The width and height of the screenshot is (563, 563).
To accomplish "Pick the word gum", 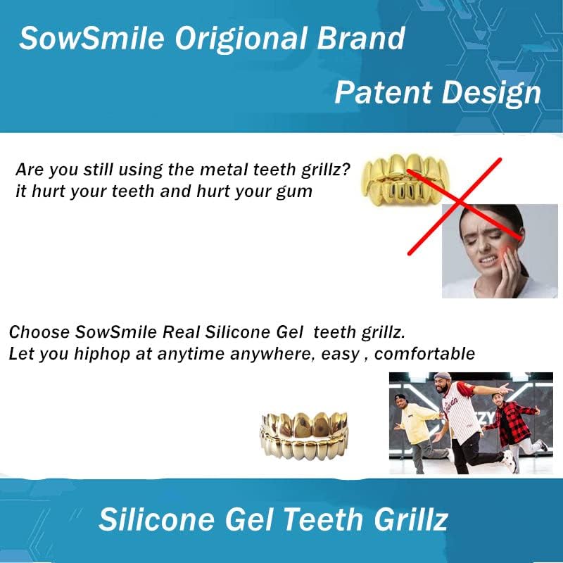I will pyautogui.click(x=296, y=191).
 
